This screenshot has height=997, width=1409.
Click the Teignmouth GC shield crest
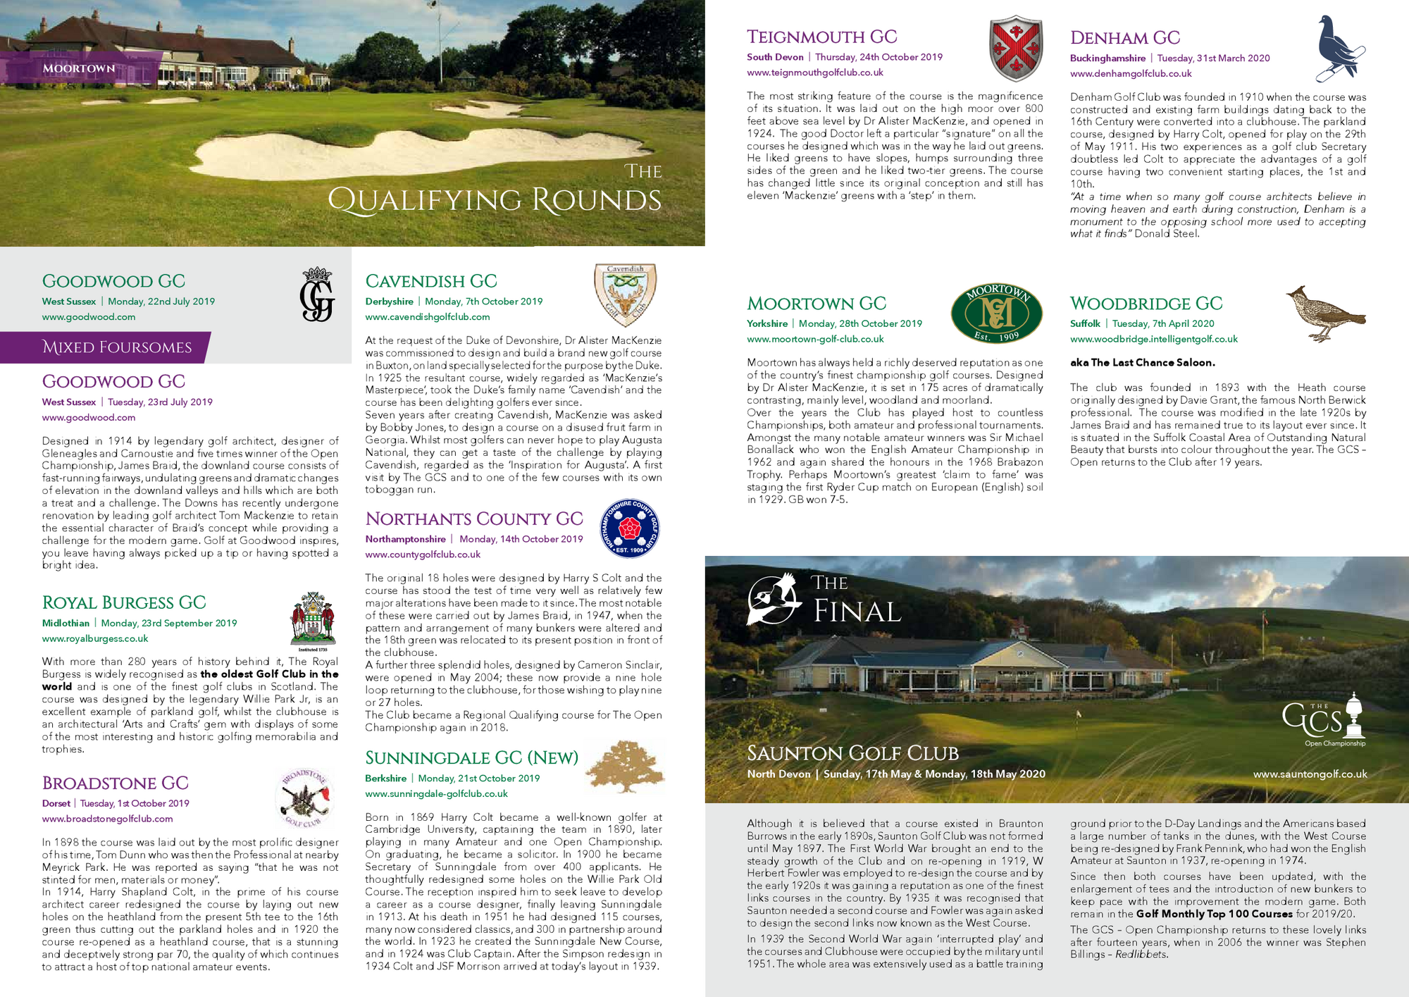coord(1016,49)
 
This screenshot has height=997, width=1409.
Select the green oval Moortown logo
coord(996,313)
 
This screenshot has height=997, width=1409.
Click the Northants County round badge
coord(629,528)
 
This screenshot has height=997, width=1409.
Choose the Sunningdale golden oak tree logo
coord(624,766)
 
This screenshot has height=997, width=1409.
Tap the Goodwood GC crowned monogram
coord(317,295)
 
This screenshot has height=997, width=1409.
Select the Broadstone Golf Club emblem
coord(304,798)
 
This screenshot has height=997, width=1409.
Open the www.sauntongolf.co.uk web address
coord(1310,774)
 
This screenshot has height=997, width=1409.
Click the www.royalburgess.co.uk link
coord(95,638)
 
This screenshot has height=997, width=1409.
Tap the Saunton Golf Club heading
coord(852,753)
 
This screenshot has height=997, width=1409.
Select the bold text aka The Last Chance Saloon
coord(1142,362)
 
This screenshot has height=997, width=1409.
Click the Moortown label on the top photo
coord(78,68)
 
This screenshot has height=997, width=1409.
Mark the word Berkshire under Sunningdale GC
coord(385,778)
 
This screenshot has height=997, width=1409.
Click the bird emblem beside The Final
coord(774,600)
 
